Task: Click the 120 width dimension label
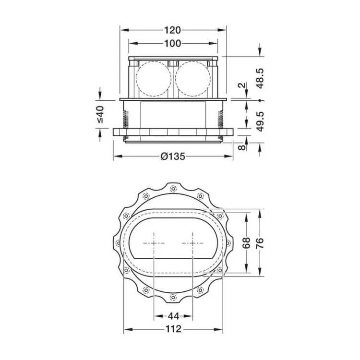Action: point(173,30)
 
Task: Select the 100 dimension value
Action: point(173,43)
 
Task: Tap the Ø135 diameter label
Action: point(173,156)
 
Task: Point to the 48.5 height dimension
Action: point(260,78)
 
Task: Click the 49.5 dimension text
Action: point(260,121)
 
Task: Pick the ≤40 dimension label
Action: point(100,114)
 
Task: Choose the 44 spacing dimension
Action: point(173,316)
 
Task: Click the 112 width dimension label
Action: point(173,329)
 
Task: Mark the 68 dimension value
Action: point(246,243)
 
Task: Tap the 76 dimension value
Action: point(260,243)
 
